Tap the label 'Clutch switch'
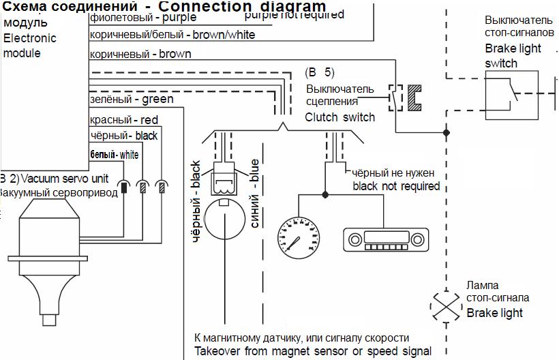coord(339,117)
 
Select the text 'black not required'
coord(396,186)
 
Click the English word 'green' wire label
coord(157,100)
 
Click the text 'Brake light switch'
coord(513,56)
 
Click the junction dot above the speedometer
coord(325,195)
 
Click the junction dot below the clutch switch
coord(447,132)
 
